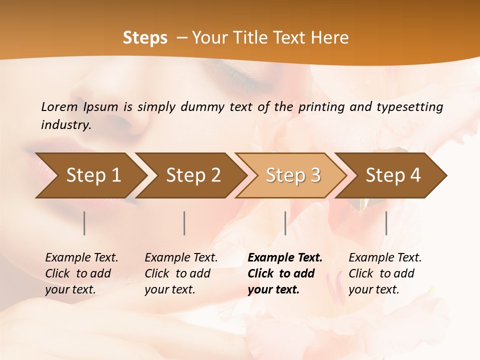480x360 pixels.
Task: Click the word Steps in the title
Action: (145, 38)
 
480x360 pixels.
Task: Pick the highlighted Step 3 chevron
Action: (293, 175)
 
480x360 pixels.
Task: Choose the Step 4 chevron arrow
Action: (393, 175)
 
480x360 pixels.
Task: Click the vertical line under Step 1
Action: (84, 223)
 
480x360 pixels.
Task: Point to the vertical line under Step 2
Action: (184, 223)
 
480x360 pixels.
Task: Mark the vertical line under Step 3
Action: (285, 223)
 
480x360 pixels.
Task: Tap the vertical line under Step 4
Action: (386, 223)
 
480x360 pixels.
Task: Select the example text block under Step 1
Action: (81, 273)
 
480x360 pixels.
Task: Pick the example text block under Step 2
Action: (181, 273)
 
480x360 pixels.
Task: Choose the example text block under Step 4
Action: (385, 273)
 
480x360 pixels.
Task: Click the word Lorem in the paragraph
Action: (59, 106)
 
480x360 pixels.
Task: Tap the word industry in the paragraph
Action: (65, 125)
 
